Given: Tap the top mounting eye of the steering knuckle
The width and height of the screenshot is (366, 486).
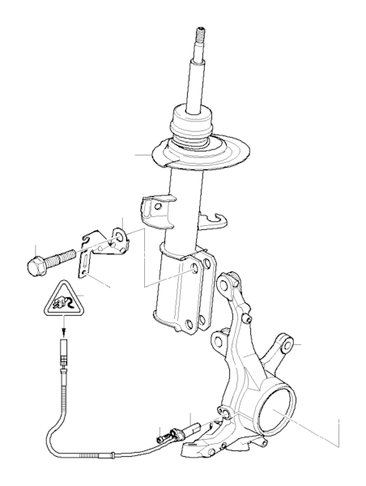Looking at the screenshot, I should click(229, 282).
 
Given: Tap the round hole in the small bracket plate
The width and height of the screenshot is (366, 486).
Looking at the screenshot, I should click(113, 237).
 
